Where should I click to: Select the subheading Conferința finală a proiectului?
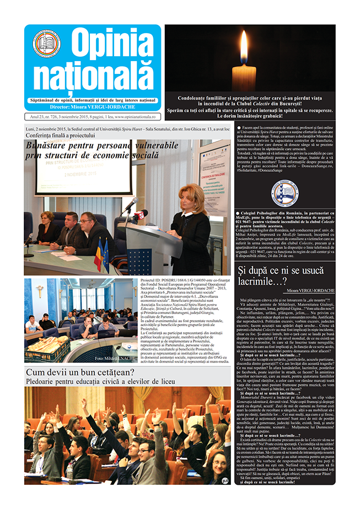click(64, 136)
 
